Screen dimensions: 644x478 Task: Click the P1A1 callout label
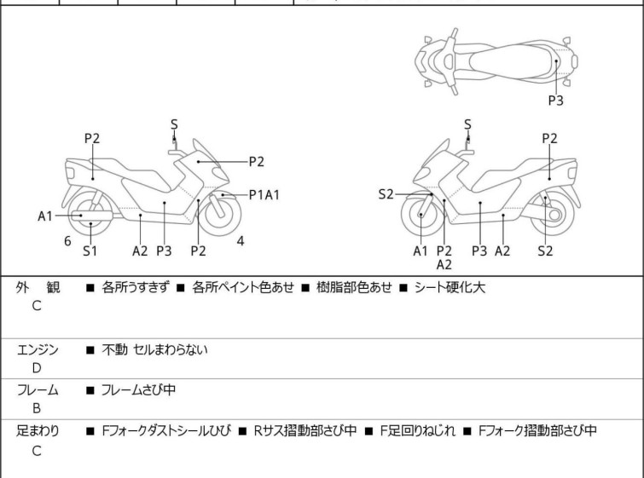(x=264, y=194)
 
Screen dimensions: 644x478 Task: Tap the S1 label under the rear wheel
(x=90, y=251)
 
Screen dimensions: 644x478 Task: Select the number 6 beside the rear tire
(x=67, y=241)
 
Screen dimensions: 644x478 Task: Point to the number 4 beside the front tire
(x=241, y=241)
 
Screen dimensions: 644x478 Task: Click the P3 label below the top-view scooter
(x=555, y=100)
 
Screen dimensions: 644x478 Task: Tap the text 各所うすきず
(x=135, y=287)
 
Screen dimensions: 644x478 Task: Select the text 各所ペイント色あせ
(x=243, y=287)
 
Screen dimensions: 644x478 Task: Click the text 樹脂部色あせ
(x=354, y=287)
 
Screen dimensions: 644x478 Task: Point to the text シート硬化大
(x=450, y=287)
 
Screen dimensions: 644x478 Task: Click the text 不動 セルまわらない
(x=155, y=349)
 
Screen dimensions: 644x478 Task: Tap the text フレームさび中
(x=138, y=389)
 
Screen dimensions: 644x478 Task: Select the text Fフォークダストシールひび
(x=166, y=430)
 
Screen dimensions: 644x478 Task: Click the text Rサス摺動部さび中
(x=305, y=430)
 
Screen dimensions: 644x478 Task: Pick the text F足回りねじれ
(x=418, y=430)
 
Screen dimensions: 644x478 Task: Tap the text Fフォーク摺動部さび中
(x=537, y=430)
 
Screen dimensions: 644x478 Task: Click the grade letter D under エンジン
(x=37, y=368)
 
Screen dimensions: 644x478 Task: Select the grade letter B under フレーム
(x=37, y=408)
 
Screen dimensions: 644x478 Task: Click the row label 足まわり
(x=38, y=430)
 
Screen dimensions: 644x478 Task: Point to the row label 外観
(x=38, y=287)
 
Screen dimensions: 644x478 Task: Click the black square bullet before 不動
(x=90, y=350)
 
